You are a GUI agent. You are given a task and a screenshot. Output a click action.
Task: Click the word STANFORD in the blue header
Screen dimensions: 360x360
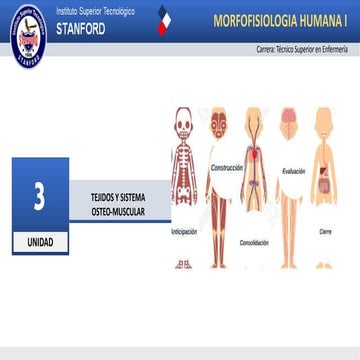(80, 28)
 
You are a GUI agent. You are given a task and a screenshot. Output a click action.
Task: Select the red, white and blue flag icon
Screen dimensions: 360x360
(165, 22)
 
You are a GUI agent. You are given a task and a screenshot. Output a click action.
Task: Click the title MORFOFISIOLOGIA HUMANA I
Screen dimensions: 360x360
(279, 21)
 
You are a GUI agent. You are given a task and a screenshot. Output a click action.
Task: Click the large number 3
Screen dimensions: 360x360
(39, 197)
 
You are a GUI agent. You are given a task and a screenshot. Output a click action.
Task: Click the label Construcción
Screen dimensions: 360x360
(227, 168)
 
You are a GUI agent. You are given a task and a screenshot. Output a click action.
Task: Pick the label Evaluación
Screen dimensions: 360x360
(293, 171)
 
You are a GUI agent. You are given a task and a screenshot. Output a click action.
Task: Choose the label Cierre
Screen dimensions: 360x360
(325, 232)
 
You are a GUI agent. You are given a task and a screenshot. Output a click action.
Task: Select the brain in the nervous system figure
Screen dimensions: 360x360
(289, 116)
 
